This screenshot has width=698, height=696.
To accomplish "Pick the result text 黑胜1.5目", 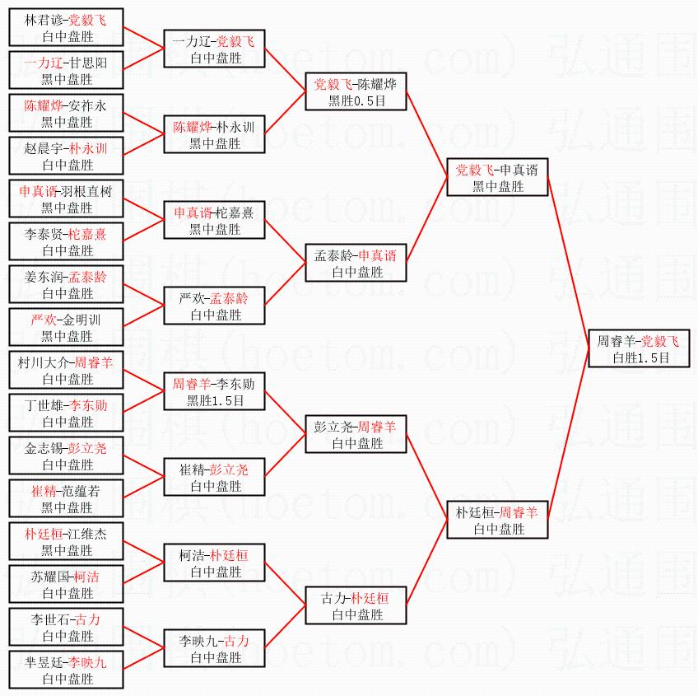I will (216, 400).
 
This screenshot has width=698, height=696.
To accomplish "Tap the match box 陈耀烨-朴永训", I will (216, 134).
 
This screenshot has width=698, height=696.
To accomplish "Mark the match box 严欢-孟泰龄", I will (216, 306).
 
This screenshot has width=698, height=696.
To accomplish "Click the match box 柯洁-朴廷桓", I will (216, 563).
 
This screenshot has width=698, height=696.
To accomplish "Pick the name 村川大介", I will (45, 362).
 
